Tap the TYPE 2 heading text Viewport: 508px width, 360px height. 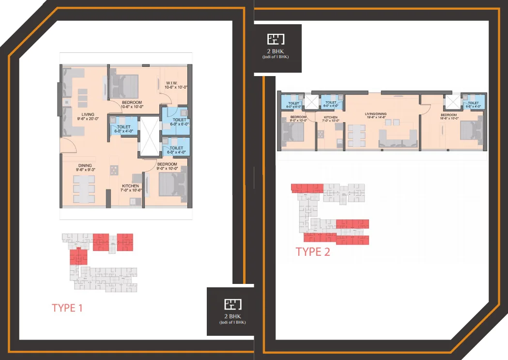pos(313,251)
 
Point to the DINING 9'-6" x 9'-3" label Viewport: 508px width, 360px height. pos(85,168)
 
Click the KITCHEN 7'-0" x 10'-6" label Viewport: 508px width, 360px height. pos(130,188)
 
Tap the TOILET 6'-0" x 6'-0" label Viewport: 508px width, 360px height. pos(179,121)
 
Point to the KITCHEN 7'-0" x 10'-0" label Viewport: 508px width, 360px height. pos(331,119)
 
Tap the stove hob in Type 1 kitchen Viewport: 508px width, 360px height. pos(115,170)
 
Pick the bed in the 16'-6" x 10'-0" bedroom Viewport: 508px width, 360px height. pos(470,130)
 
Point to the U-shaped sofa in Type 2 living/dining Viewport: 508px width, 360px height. pos(398,138)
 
